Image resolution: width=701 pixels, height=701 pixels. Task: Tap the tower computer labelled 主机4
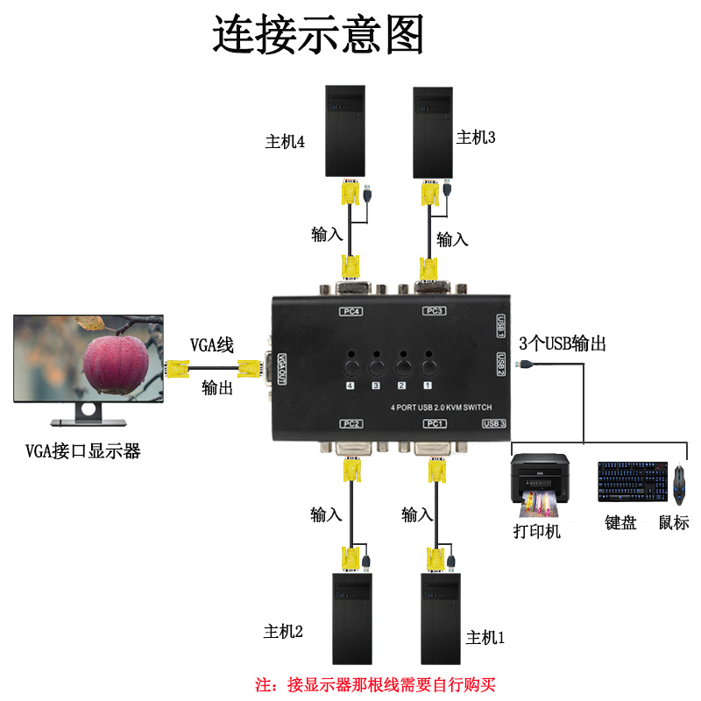(x=344, y=131)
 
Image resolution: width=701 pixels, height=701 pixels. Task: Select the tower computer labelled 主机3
(x=433, y=131)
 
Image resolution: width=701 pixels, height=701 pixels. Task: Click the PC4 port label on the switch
(x=352, y=310)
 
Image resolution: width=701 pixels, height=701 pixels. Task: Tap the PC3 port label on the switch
(x=435, y=310)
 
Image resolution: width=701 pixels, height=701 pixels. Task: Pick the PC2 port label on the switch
(x=352, y=424)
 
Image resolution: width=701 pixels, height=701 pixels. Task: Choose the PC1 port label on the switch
(x=435, y=424)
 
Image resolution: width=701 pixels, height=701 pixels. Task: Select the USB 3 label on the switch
(x=494, y=424)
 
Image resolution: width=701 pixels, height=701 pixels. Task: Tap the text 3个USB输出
(x=562, y=343)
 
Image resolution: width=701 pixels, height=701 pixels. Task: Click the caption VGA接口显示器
(x=83, y=452)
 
